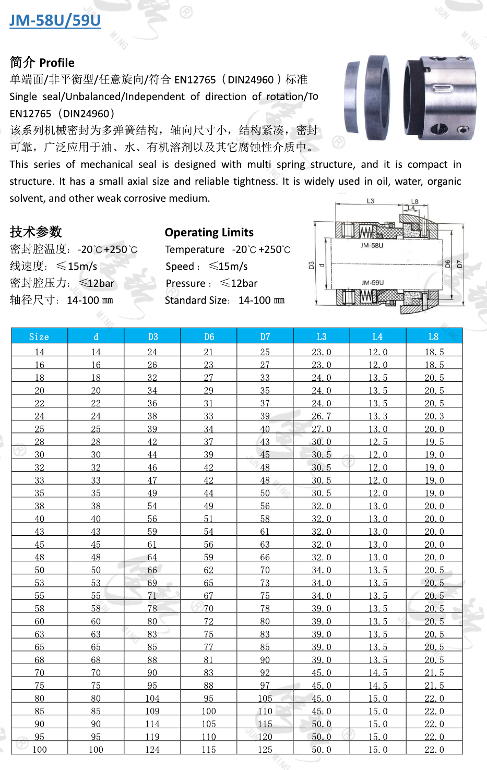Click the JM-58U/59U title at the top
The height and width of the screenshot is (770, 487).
click(55, 20)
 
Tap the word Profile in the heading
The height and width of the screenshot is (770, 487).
click(57, 63)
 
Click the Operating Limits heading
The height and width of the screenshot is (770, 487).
click(209, 233)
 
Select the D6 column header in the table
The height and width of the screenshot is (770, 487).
click(209, 336)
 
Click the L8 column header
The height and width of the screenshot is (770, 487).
click(433, 336)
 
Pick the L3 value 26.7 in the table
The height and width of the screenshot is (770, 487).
click(321, 416)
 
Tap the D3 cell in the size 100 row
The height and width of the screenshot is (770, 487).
click(152, 750)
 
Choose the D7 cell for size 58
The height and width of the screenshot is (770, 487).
click(265, 609)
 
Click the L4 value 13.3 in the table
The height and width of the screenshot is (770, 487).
click(377, 416)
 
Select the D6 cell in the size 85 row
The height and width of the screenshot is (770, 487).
click(209, 711)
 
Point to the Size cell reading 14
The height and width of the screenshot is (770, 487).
click(40, 352)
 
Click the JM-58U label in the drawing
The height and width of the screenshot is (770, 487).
click(372, 245)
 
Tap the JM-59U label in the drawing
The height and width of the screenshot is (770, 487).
click(372, 283)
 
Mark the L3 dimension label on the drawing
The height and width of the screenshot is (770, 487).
click(370, 201)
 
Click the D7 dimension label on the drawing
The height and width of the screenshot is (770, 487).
click(459, 264)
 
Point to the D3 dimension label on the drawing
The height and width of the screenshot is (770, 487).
click(312, 265)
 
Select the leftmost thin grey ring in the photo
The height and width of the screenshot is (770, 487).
click(352, 98)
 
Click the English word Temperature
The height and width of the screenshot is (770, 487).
click(195, 250)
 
